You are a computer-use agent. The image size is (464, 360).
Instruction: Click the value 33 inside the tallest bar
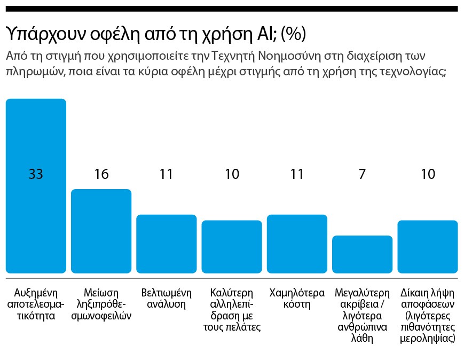[x=36, y=174]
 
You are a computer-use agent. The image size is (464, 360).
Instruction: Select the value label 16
[x=101, y=174]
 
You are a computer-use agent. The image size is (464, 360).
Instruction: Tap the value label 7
[x=362, y=174]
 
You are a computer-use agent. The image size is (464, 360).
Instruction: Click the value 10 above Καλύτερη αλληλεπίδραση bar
[x=232, y=174]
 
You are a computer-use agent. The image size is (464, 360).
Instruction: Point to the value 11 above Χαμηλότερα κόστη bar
[x=297, y=174]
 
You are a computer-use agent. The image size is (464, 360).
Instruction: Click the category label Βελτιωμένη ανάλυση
[x=167, y=299]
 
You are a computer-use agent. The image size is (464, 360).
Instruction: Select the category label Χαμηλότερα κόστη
[x=297, y=299]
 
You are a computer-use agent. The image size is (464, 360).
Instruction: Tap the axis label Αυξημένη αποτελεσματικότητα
[x=36, y=304]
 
